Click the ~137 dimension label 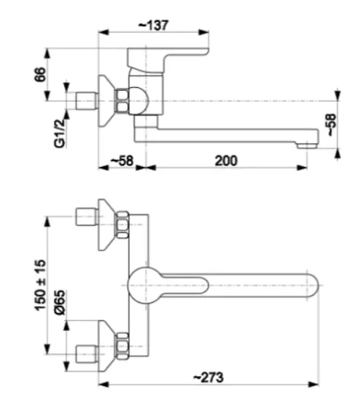(x=154, y=25)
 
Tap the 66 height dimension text (x=40, y=75)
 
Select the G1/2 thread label (x=60, y=134)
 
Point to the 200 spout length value (x=226, y=160)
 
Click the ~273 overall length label (x=208, y=377)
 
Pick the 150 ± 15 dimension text (x=40, y=285)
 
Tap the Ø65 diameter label (x=60, y=303)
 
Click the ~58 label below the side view (x=122, y=160)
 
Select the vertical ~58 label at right (x=332, y=125)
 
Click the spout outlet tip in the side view (x=307, y=146)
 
